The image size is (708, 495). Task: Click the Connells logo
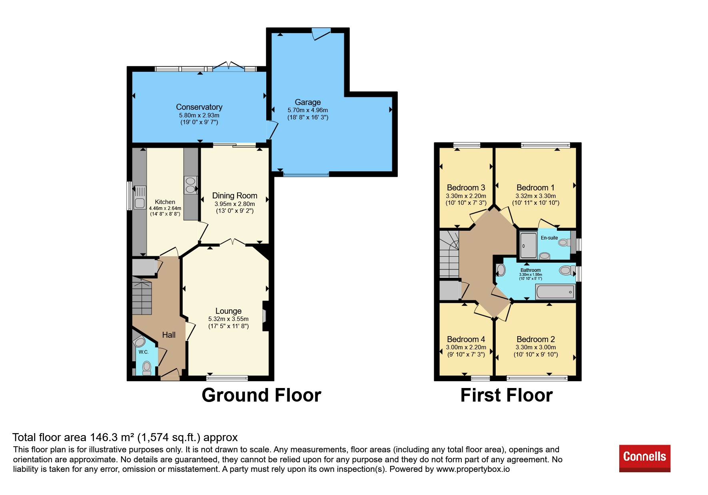644,458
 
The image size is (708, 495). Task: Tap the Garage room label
308,102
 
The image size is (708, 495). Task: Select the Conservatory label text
199,107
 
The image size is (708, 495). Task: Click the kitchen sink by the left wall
140,198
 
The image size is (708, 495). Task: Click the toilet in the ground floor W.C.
147,368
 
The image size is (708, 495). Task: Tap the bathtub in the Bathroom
555,292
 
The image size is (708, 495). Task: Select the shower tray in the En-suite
529,246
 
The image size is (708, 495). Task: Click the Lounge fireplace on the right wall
265,316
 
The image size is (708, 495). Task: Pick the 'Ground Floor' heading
261,395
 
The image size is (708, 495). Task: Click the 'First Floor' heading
507,395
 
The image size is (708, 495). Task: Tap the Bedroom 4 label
466,339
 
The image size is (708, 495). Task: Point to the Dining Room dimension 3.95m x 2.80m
235,204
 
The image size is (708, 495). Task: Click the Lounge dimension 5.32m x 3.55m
228,319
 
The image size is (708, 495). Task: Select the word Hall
169,335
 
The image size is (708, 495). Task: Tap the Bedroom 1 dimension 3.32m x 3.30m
536,196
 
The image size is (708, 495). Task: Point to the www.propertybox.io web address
473,469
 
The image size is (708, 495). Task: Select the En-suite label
549,238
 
